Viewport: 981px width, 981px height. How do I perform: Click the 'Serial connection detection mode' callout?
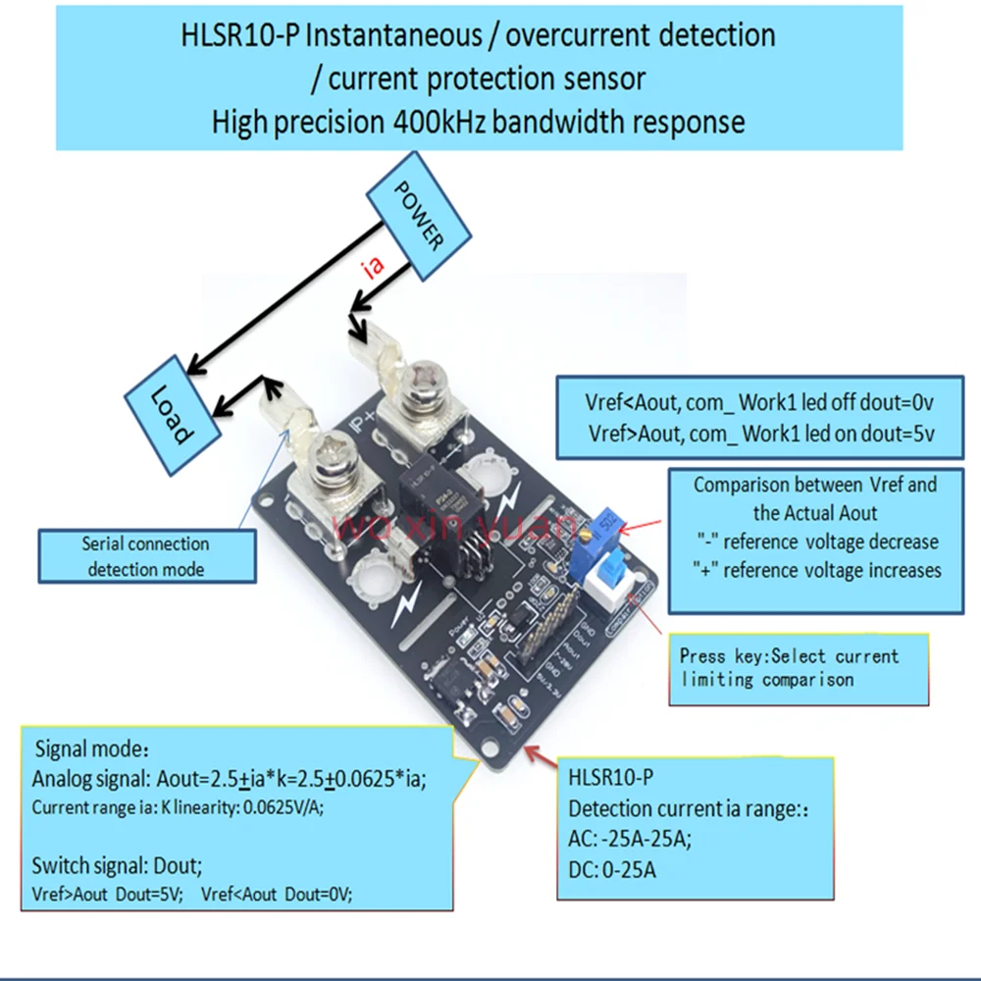coord(145,556)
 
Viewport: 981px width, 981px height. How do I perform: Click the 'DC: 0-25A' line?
coord(612,869)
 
